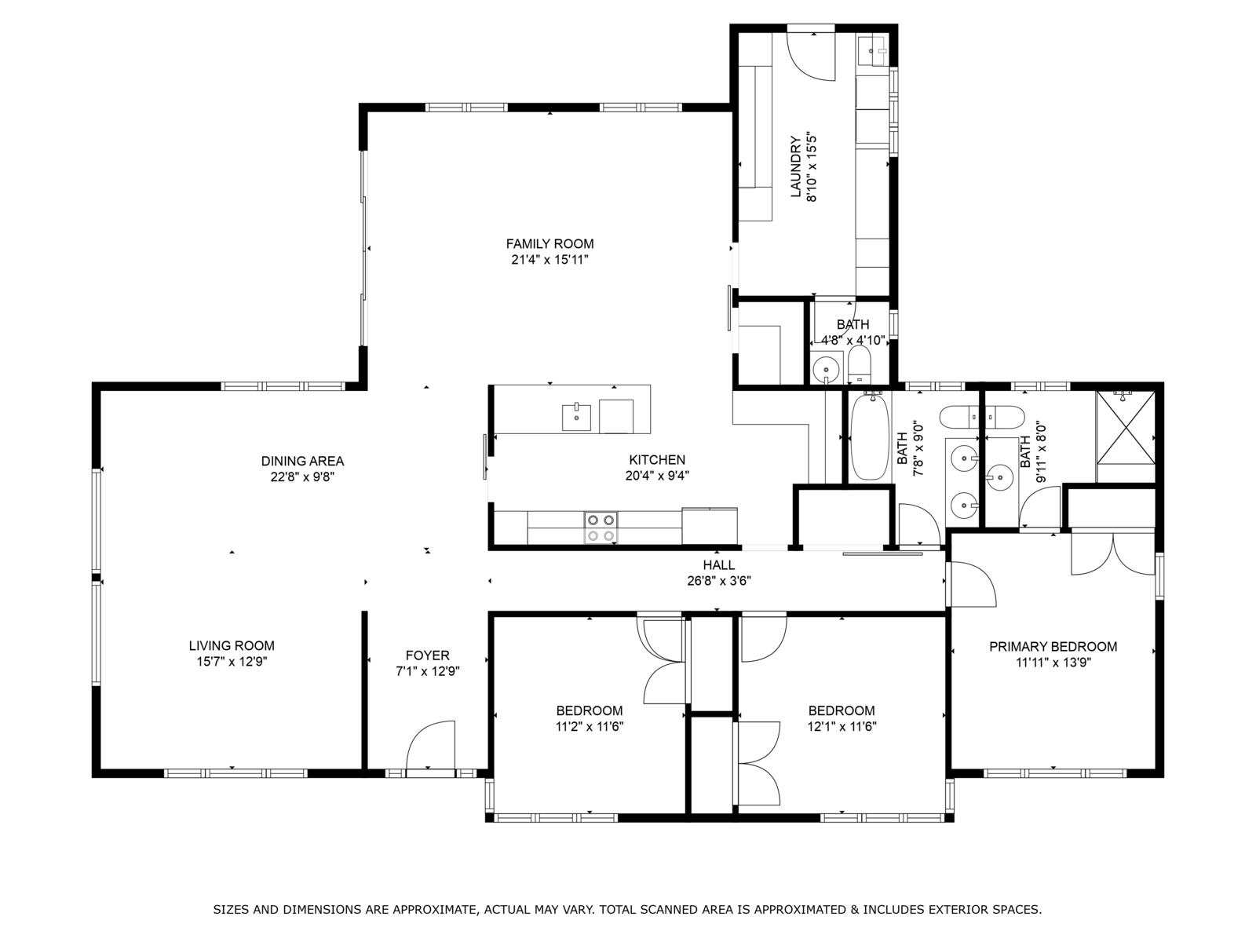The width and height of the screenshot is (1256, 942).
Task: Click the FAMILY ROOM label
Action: coord(549,243)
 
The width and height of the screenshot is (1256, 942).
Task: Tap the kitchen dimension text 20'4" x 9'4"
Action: coord(657,475)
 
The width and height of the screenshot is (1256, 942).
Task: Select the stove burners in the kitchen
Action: coord(601,528)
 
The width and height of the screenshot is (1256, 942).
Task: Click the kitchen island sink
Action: coord(576,417)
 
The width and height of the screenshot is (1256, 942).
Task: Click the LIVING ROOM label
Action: coord(232,646)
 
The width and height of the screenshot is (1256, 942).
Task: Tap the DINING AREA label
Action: coord(302,461)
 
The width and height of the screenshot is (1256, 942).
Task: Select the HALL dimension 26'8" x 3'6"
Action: coord(719,581)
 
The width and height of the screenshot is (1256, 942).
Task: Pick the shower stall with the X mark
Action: coord(1125,428)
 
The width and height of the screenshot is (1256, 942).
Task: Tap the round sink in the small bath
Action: coord(826,369)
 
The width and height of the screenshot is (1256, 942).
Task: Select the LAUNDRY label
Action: coord(795,167)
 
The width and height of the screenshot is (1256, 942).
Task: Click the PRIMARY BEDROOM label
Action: coord(1053,647)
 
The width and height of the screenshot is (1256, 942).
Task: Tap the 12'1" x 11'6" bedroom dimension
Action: coord(842,727)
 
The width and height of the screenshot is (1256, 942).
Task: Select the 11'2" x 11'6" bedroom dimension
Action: coord(590,727)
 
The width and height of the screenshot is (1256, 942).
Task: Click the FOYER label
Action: coord(428,655)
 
